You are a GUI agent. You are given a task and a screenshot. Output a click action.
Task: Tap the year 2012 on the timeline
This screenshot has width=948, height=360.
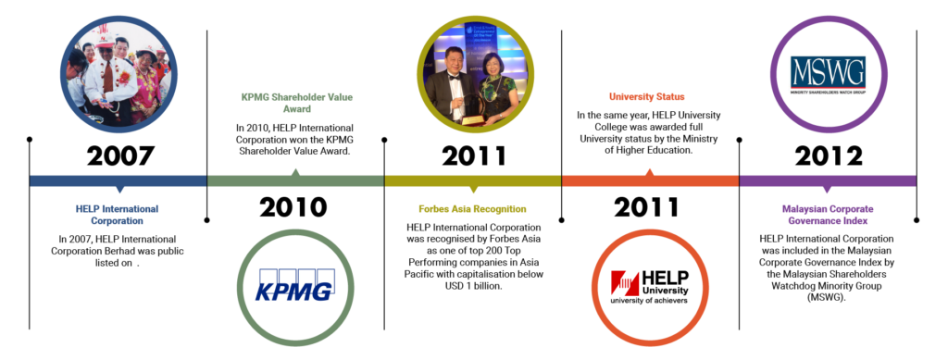coord(829,155)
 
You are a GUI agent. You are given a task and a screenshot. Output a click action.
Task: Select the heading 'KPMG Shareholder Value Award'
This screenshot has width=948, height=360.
coord(295,103)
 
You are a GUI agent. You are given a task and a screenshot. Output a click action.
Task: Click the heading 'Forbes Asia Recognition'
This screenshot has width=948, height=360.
coord(473,209)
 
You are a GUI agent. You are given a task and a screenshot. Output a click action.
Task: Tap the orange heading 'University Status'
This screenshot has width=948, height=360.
coord(648,95)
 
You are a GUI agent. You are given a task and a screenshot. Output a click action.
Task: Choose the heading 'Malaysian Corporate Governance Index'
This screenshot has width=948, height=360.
coord(829,216)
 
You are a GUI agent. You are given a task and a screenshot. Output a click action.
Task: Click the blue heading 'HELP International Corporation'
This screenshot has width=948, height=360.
coord(118,216)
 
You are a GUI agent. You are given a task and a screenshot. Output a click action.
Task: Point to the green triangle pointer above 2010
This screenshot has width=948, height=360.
coord(295,172)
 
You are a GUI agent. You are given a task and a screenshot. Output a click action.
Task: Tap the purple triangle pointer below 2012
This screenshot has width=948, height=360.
coord(829,190)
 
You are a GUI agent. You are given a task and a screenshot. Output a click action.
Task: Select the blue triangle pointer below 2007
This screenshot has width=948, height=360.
coord(118,190)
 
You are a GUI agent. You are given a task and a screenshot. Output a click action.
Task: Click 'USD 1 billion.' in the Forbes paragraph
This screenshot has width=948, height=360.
coord(473,287)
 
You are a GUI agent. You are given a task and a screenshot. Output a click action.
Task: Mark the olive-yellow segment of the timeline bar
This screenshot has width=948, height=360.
coord(473,180)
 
